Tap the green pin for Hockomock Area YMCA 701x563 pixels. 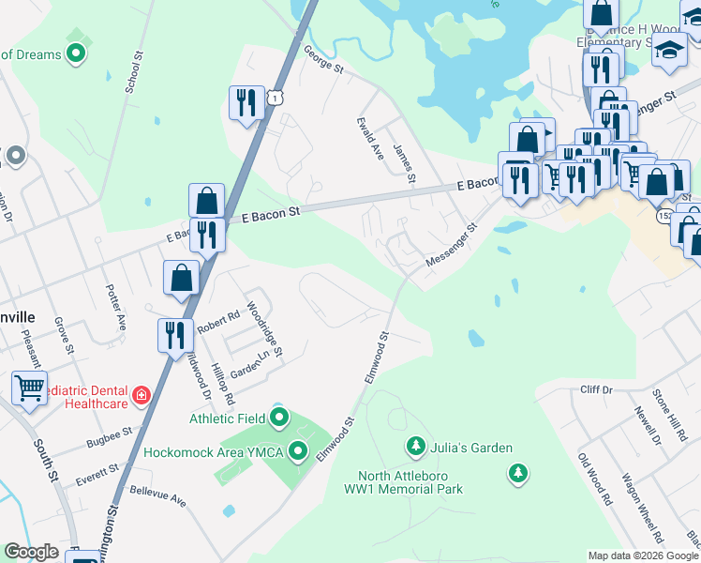click(x=299, y=452)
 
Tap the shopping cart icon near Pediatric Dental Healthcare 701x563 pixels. click(x=30, y=387)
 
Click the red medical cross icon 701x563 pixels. click(x=142, y=395)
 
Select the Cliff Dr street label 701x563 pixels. click(x=596, y=389)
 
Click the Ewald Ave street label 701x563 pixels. click(x=370, y=138)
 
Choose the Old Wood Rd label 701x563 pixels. click(x=595, y=479)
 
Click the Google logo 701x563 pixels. click(x=31, y=552)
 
